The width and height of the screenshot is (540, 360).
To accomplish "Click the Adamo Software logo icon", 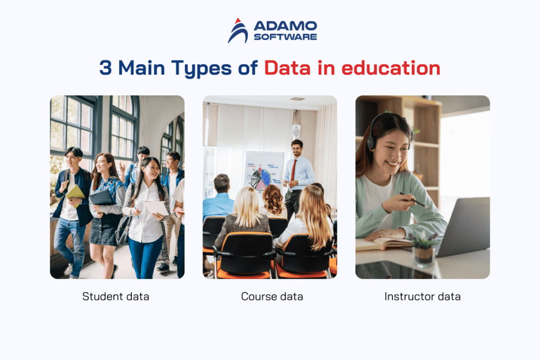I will point(238,31).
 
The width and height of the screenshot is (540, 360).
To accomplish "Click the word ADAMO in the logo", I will point(285,26).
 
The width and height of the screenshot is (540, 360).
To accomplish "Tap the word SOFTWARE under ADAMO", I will point(285,37).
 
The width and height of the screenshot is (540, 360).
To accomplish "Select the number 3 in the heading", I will point(105,69).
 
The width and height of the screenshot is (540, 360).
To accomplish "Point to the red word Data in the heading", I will point(287,69).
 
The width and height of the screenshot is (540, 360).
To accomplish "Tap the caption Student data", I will point(115,296).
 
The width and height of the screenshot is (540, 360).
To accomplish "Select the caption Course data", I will point(272,296).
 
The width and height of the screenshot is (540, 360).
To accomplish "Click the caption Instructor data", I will point(422,296).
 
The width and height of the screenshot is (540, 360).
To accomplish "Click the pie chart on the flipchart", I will point(261,179).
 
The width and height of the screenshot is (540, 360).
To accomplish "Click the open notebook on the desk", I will point(382,244).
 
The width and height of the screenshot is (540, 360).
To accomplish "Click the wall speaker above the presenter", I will point(296,131).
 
